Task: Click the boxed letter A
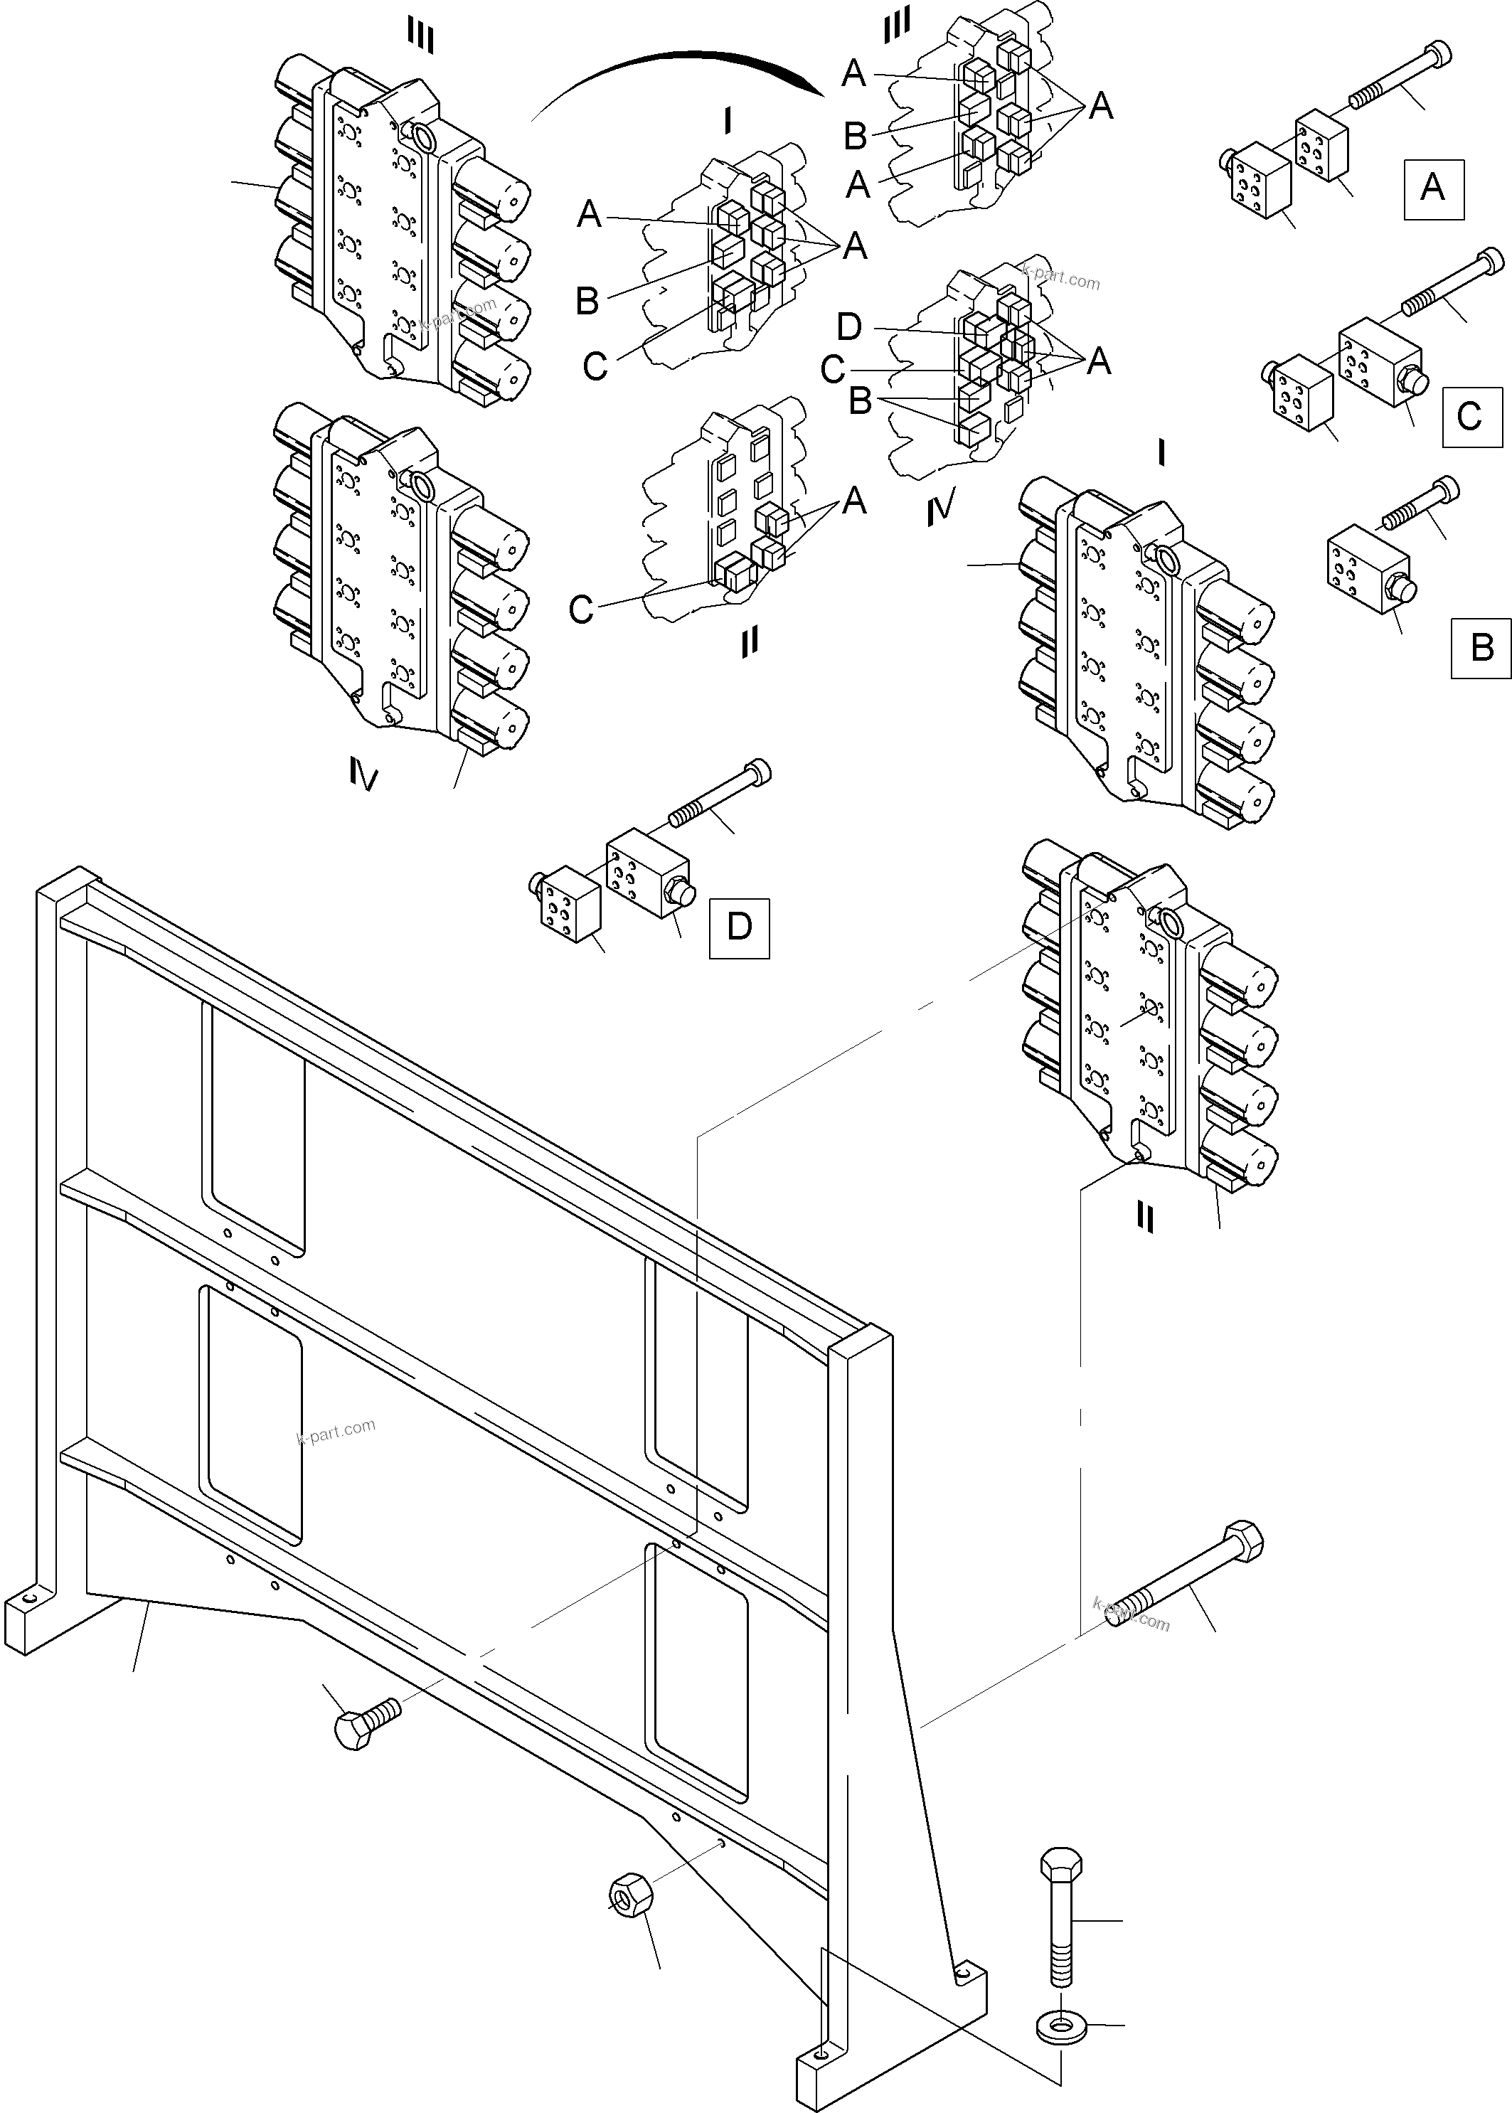pos(1432,189)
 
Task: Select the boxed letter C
pos(1470,416)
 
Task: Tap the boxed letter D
pos(738,928)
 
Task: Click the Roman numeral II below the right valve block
pos(1145,1217)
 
